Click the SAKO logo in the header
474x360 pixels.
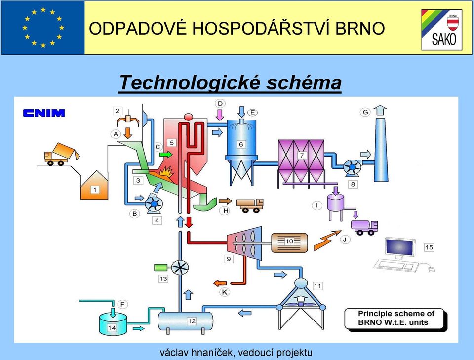pyautogui.click(x=441, y=30)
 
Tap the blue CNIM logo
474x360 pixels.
pyautogui.click(x=44, y=113)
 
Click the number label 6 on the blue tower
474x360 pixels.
pyautogui.click(x=241, y=144)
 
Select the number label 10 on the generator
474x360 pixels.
pyautogui.click(x=289, y=241)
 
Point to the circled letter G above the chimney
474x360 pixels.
pyautogui.click(x=365, y=112)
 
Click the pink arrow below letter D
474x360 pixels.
pyautogui.click(x=220, y=115)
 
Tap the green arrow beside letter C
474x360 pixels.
pyautogui.click(x=166, y=155)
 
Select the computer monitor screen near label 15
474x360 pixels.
pyautogui.click(x=399, y=248)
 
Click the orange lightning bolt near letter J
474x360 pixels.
pyautogui.click(x=327, y=240)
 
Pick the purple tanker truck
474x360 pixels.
pyautogui.click(x=364, y=227)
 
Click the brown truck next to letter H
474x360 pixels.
pyautogui.click(x=250, y=205)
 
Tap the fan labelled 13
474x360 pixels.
pyautogui.click(x=180, y=268)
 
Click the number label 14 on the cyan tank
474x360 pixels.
pyautogui.click(x=112, y=328)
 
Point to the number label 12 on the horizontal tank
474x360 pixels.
pyautogui.click(x=192, y=321)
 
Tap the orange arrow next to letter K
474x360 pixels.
pyautogui.click(x=220, y=283)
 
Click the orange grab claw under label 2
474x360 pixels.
pyautogui.click(x=128, y=121)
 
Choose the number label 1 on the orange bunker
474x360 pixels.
pyautogui.click(x=95, y=190)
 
